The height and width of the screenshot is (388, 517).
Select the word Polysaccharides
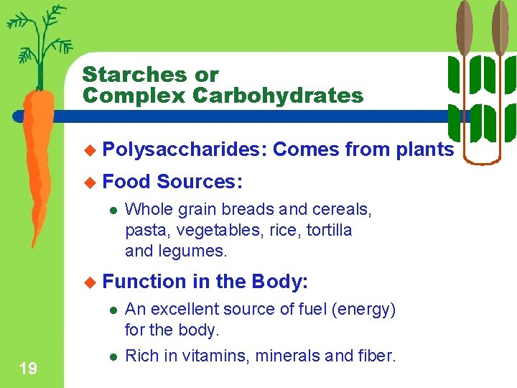click(185, 149)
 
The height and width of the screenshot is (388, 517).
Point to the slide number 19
click(29, 369)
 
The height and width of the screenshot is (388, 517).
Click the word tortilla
click(327, 231)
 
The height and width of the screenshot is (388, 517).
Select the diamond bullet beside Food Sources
click(89, 183)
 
